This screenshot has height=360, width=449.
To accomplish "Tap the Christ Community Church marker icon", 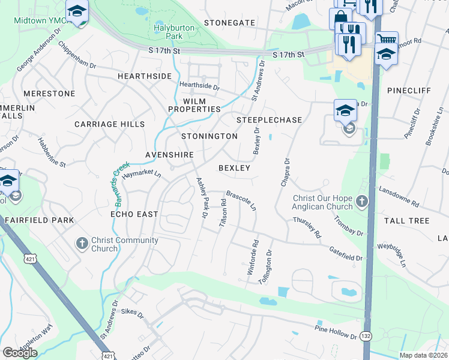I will [x=83, y=244].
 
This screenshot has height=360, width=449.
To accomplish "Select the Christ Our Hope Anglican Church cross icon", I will [x=362, y=202].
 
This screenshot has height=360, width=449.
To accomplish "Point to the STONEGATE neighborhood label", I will [x=229, y=23].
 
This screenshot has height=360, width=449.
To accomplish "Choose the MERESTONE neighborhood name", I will [x=49, y=94].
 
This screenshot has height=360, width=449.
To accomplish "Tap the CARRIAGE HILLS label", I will [x=109, y=124].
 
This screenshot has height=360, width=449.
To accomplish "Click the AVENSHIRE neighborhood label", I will [x=169, y=155].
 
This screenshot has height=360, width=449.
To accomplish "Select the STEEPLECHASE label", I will [x=269, y=120].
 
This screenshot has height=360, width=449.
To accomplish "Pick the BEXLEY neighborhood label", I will [x=234, y=168].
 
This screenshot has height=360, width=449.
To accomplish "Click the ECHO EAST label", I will [x=134, y=214].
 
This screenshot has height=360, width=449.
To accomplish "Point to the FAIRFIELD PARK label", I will [x=40, y=221].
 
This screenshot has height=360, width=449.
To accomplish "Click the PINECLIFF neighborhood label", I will [x=408, y=90].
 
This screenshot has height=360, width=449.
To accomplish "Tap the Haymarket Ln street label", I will [x=142, y=174].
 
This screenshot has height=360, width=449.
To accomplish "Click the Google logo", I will [x=20, y=353].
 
